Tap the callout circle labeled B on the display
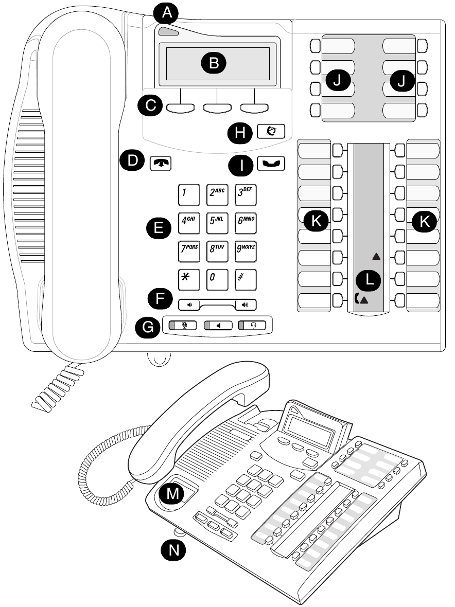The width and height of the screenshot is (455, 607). click(214, 63)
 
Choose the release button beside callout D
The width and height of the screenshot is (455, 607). click(161, 163)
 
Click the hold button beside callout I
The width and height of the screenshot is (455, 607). click(272, 165)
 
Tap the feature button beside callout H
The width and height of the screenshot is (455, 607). click(272, 132)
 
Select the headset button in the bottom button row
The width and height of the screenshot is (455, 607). click(255, 325)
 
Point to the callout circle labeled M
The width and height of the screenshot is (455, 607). click(172, 493)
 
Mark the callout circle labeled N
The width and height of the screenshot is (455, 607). click(174, 550)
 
